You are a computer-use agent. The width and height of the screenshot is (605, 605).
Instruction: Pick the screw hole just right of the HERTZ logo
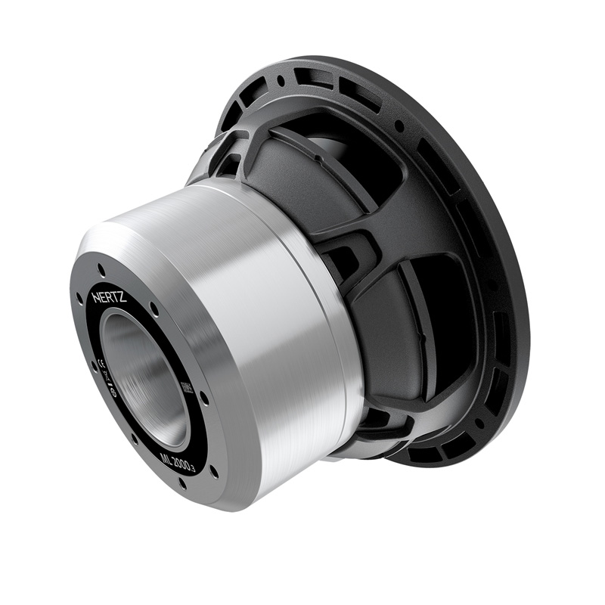click(154, 309)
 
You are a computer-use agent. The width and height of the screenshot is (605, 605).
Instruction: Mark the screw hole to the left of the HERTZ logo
click(79, 299)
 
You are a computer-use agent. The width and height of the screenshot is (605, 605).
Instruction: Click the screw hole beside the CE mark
click(94, 366)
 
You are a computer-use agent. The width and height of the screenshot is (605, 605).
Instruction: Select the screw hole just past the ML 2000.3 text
click(214, 470)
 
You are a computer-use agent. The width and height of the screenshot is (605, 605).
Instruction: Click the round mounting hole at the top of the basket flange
click(281, 79)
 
